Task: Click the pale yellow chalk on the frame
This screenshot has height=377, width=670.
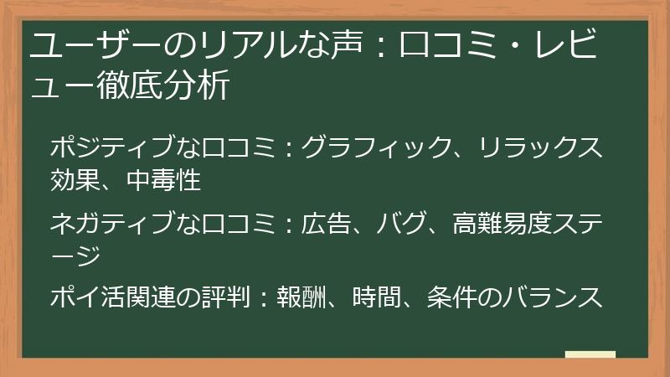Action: (590, 354)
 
